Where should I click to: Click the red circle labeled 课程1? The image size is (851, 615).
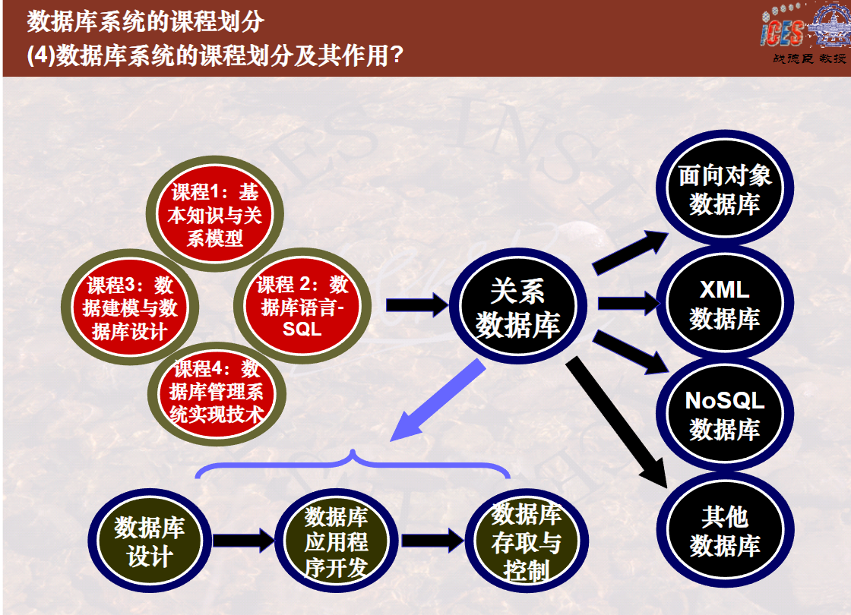(215, 213)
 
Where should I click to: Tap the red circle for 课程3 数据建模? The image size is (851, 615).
(130, 307)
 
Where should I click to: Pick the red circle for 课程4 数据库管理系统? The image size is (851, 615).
(217, 393)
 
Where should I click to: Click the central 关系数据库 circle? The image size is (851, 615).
(517, 306)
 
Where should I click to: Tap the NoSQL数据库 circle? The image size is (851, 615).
(725, 414)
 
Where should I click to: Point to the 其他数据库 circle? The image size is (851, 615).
(725, 530)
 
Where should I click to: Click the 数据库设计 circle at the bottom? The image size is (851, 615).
(150, 540)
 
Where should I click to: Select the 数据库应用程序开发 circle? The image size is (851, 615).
(337, 541)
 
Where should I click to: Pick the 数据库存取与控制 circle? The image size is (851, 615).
(527, 541)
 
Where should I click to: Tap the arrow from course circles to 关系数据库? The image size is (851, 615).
(417, 304)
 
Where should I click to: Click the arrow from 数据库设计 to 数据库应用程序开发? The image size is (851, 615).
(244, 540)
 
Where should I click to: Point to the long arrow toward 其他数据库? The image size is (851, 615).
(617, 422)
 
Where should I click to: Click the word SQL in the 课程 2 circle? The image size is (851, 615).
(302, 330)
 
